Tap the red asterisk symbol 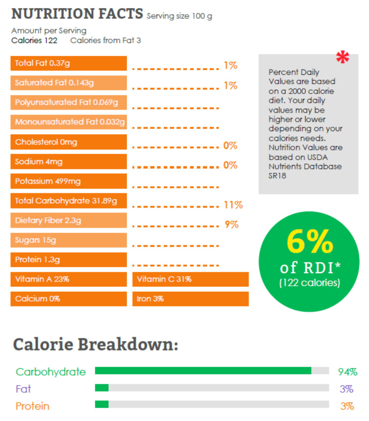[343, 57]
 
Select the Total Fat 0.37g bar [69, 63]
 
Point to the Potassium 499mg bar [69, 181]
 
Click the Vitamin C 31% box [190, 279]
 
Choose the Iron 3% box [190, 299]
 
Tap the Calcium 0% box [69, 299]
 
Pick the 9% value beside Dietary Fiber [231, 225]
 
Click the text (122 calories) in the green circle [309, 282]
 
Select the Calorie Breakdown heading [96, 345]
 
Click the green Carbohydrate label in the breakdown [50, 372]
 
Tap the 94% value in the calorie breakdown [347, 372]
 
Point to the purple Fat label [23, 389]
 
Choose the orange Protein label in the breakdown [32, 406]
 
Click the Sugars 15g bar [69, 240]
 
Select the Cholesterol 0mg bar [69, 142]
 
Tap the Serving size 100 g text [179, 16]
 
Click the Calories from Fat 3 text [105, 40]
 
